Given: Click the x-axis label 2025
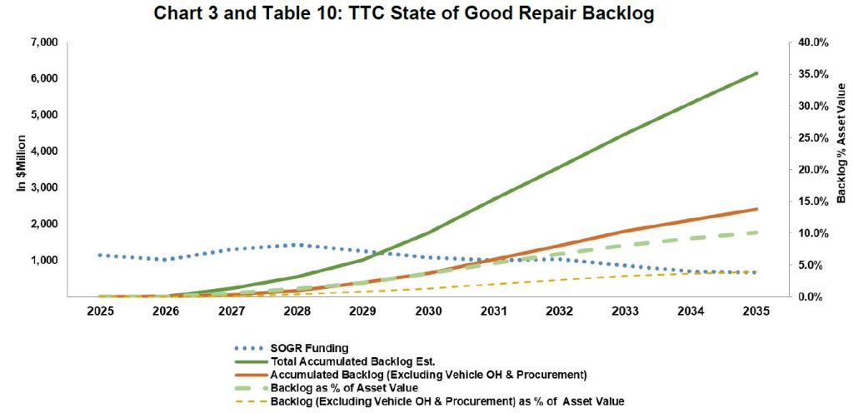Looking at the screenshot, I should click(x=100, y=312).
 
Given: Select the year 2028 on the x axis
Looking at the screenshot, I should click(x=297, y=312).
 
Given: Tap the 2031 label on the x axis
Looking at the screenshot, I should click(x=494, y=312).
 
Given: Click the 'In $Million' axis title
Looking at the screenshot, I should click(x=22, y=163).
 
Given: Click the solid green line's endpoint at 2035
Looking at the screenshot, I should click(x=756, y=73).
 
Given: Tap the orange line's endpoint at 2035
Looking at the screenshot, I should click(x=756, y=209).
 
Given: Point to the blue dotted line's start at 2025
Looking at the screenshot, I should click(x=100, y=255).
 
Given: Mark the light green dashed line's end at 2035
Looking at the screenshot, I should click(x=756, y=232).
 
